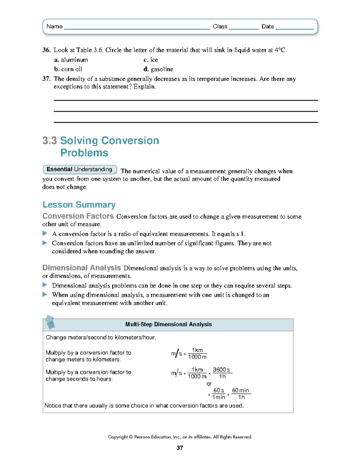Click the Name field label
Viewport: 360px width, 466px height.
click(x=54, y=26)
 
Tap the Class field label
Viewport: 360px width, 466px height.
click(x=220, y=26)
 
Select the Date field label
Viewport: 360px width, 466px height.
click(x=268, y=26)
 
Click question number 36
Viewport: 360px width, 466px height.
click(x=46, y=50)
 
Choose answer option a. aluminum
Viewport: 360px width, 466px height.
click(x=71, y=60)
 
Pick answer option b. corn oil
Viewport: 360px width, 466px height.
click(x=68, y=69)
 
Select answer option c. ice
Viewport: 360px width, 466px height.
click(x=151, y=60)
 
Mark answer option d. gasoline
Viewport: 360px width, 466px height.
click(x=158, y=69)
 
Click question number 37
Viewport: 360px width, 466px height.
click(x=46, y=79)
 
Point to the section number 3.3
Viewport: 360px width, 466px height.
click(x=49, y=140)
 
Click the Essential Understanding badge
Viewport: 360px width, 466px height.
click(x=79, y=169)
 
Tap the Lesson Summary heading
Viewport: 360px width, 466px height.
click(x=79, y=205)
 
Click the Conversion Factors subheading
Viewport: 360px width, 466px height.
click(x=78, y=216)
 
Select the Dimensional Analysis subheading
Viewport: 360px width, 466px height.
click(x=82, y=268)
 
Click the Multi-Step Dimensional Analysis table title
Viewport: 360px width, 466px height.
click(x=168, y=324)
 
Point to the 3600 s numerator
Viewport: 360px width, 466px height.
click(x=221, y=370)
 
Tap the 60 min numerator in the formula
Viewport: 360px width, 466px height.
click(x=241, y=390)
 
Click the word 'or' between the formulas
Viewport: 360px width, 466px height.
click(x=209, y=384)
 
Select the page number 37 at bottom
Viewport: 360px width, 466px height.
click(x=180, y=448)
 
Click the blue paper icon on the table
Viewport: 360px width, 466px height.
click(x=49, y=322)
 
